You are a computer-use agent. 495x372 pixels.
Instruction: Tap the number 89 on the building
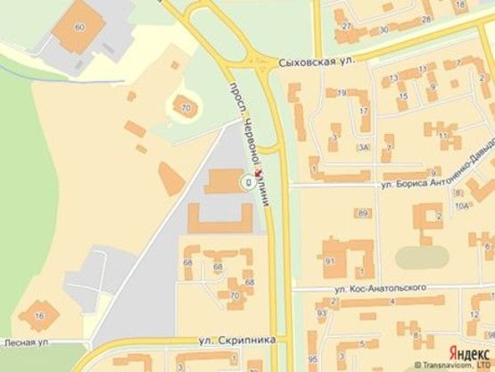click(x=361, y=213)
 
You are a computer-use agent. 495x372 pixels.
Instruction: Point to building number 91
click(x=330, y=260)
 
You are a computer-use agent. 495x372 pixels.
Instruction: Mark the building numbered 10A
click(x=461, y=205)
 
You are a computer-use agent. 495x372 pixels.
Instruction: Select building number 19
click(x=341, y=92)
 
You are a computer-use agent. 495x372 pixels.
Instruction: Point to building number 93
click(x=321, y=314)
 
